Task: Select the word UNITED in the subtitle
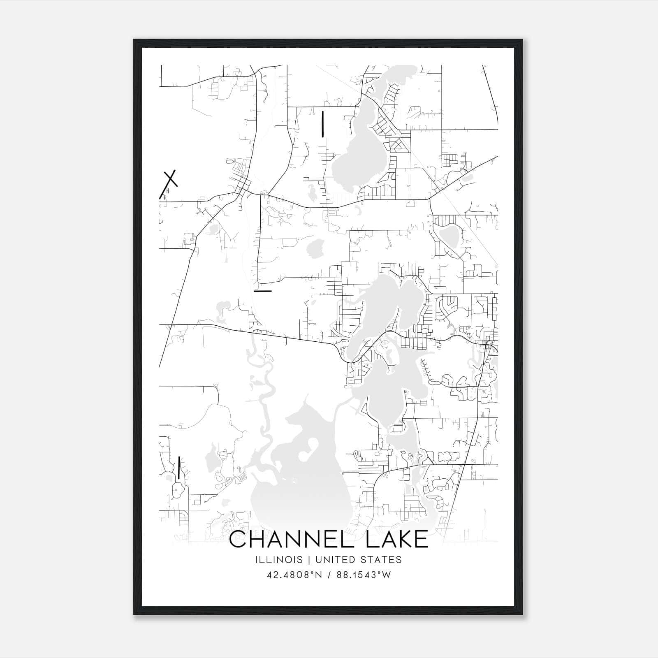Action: pos(342,560)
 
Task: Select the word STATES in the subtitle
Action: pos(384,560)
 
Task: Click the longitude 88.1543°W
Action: pos(364,575)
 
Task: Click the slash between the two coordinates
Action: pos(329,575)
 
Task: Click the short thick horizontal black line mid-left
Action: pos(263,291)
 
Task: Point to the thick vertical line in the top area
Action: pos(323,123)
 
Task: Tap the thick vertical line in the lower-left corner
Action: pos(179,468)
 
